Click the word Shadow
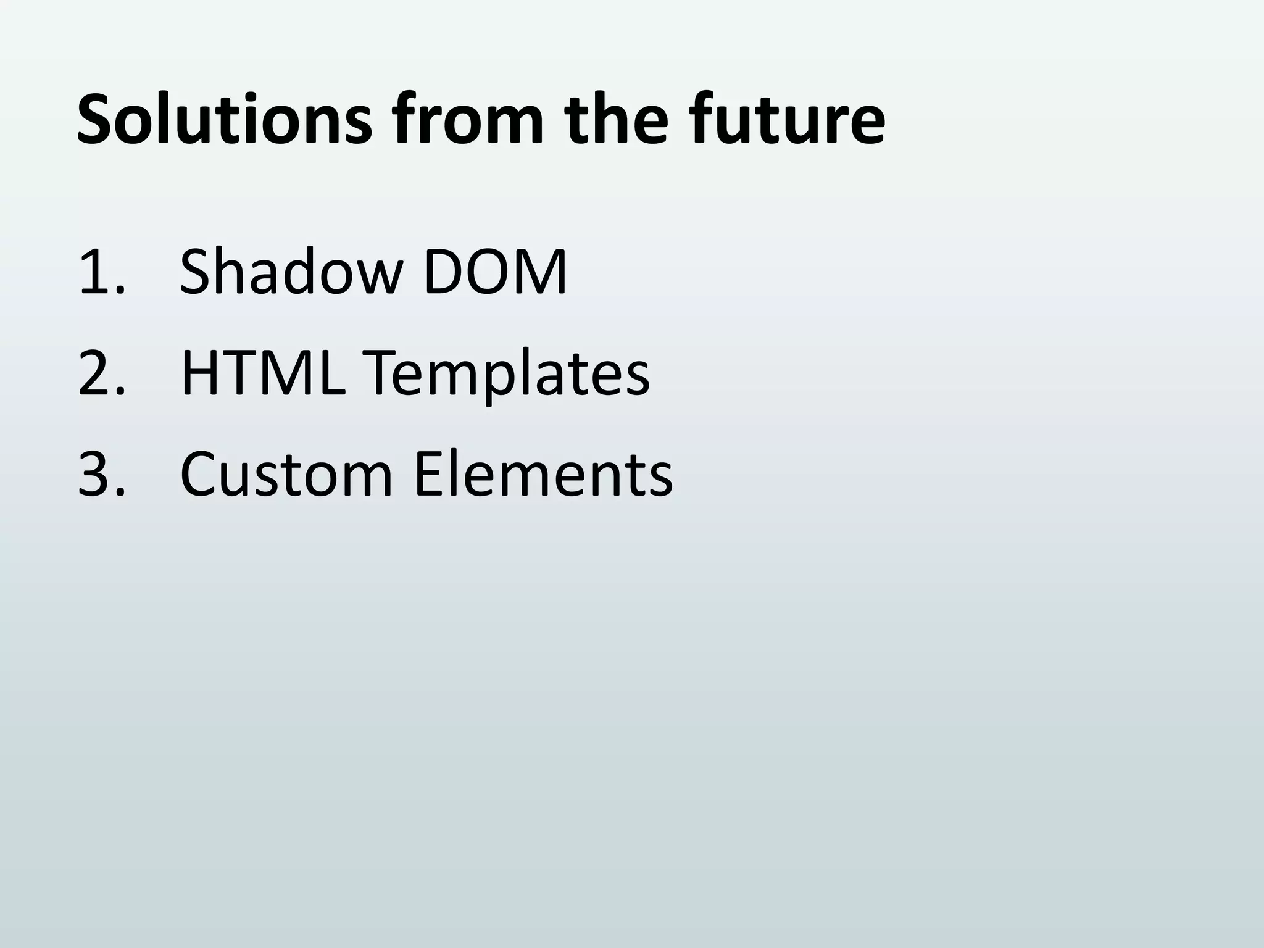(x=291, y=272)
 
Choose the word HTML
(x=262, y=373)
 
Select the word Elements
(x=543, y=475)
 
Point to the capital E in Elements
(x=428, y=475)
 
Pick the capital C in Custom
(x=201, y=475)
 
